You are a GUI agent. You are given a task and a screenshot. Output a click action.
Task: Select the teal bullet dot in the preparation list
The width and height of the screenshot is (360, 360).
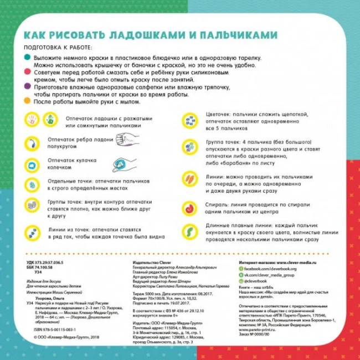[28, 58]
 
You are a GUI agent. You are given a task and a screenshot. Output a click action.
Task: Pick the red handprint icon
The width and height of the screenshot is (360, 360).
[32, 120]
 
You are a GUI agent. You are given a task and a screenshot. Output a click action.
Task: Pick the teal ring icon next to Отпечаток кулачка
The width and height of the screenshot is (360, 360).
[32, 164]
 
